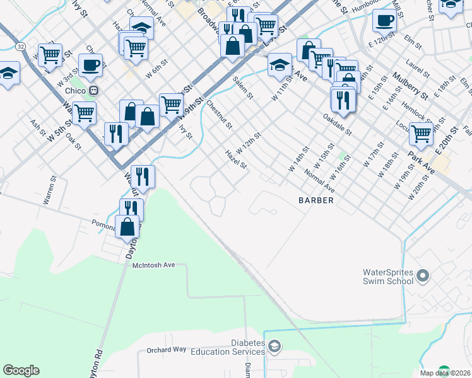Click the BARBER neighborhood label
316,200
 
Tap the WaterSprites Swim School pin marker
423,276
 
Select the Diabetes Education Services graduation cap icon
274,346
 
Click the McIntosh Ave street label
153,265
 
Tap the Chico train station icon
94,90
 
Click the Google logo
21,370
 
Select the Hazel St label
235,159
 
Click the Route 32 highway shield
21,47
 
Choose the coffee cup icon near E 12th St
384,20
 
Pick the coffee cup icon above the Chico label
91,64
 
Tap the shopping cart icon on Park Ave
421,133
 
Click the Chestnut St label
219,115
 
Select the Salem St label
242,88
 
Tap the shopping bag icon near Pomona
127,226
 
